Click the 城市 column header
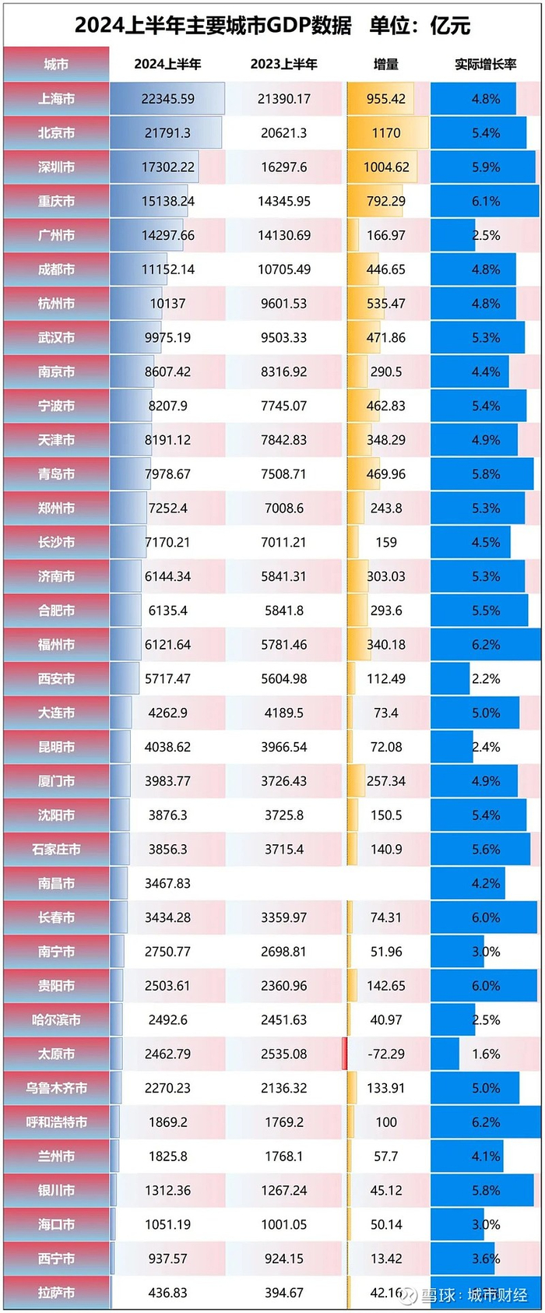pos(56,65)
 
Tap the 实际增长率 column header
pos(485,65)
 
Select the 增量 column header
pos(386,65)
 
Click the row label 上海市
pos(56,99)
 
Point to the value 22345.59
pos(167,99)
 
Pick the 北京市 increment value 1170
pos(386,133)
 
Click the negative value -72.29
pos(386,1054)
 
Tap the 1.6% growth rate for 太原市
pos(486,1054)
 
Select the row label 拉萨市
pos(56,1293)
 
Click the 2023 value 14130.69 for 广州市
pos(284,235)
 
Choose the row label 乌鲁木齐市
pos(56,1088)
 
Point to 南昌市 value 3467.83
pos(167,883)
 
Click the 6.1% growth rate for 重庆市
pos(486,201)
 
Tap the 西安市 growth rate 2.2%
pos(486,679)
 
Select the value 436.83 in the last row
pos(167,1293)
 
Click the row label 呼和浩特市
pos(56,1122)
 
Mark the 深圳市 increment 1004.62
pos(386,167)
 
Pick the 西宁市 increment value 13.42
pos(386,1258)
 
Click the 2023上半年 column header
pos(284,65)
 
